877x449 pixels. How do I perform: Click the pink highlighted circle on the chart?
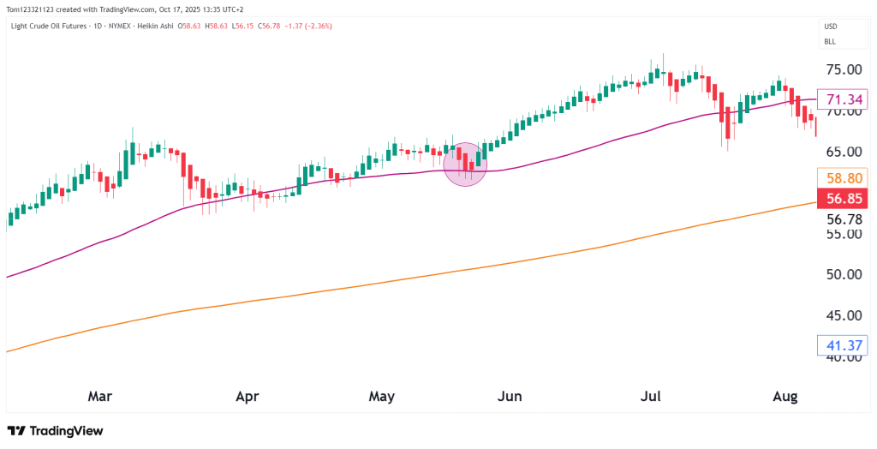(465, 165)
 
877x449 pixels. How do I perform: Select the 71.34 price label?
(842, 100)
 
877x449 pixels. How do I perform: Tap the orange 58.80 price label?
(842, 179)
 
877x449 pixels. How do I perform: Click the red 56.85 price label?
(842, 200)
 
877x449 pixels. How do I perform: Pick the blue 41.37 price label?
(842, 345)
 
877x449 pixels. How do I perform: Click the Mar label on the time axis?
(100, 396)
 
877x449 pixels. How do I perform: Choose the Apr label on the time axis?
(247, 396)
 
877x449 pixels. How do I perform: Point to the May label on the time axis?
(382, 396)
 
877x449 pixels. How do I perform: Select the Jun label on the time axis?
(510, 396)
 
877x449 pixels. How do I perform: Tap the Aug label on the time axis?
(785, 396)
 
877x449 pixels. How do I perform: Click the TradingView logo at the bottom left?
(55, 431)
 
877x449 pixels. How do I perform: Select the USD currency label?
(831, 27)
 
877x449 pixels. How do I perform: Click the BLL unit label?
(830, 41)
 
